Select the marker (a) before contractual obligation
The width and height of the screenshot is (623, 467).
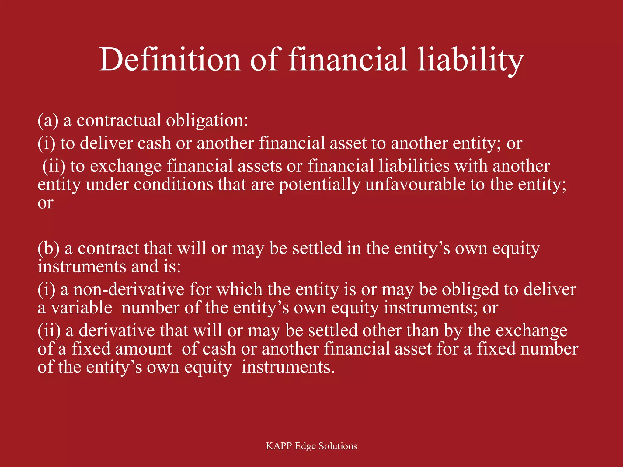pos(48,120)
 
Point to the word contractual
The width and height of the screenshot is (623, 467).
pos(119,120)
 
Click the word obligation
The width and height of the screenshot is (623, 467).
pos(207,121)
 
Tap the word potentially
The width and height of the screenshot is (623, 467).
pos(319,185)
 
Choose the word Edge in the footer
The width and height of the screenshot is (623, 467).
pos(305,446)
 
